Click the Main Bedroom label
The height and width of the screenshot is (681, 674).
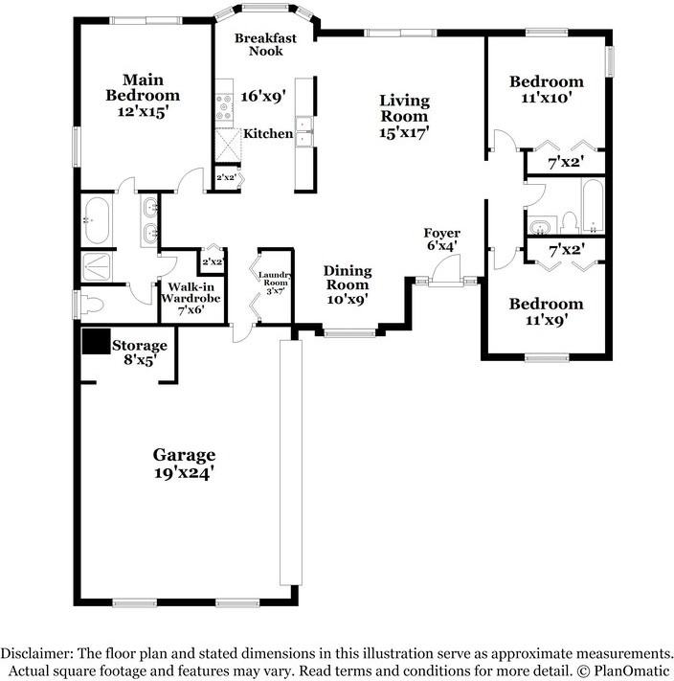[143, 87]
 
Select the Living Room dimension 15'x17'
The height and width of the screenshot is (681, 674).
[404, 132]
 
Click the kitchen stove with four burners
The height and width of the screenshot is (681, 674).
[224, 107]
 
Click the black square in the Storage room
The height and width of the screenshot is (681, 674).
[97, 341]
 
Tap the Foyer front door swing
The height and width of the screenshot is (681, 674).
[446, 269]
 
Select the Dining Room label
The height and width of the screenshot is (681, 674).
[348, 278]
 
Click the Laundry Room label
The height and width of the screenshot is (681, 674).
[275, 279]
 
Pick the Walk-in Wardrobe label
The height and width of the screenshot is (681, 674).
[191, 292]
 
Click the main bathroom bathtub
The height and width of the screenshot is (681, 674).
[97, 220]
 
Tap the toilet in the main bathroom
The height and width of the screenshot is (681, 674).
[91, 305]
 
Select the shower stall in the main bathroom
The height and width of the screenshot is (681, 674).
[96, 267]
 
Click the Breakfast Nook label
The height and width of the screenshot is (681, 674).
[265, 44]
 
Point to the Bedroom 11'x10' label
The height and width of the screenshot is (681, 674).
[546, 89]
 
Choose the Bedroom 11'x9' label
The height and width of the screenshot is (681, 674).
[546, 311]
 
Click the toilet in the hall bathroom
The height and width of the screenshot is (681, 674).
[568, 222]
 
